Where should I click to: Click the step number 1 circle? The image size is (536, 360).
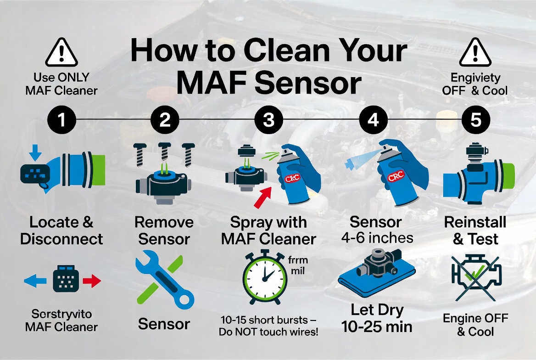click(x=61, y=120)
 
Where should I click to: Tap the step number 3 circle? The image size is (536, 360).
click(x=268, y=120)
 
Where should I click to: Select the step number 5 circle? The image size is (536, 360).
click(x=475, y=120)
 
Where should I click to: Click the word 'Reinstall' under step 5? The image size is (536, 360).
click(x=475, y=223)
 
